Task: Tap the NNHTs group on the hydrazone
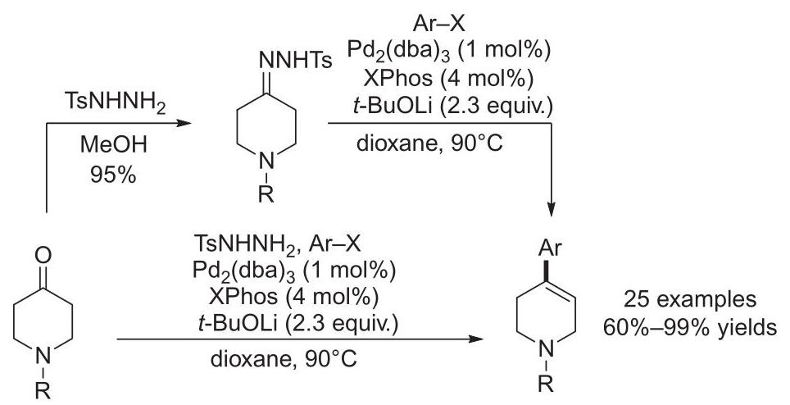(x=296, y=61)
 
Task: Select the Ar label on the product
(x=550, y=248)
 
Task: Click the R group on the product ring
(x=546, y=385)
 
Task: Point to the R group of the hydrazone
(x=266, y=194)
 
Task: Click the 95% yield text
(x=113, y=175)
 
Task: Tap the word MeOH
(x=113, y=146)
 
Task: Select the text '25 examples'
(x=690, y=299)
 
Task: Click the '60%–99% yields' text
(x=690, y=327)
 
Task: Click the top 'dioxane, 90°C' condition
(x=429, y=143)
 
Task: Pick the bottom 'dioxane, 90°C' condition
(x=284, y=360)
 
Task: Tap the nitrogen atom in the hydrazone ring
(x=266, y=162)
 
